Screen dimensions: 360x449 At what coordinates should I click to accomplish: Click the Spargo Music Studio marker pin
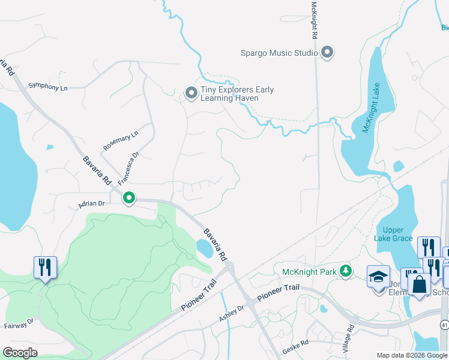coord(327,53)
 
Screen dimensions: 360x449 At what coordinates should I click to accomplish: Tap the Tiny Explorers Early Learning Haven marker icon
coord(191,93)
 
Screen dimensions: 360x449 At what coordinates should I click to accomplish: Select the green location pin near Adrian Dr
coord(128,197)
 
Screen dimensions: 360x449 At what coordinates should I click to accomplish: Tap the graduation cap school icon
coord(378,277)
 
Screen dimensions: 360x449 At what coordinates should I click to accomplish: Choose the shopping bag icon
coord(419,284)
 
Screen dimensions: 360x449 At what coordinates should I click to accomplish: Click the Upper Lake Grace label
coord(393,234)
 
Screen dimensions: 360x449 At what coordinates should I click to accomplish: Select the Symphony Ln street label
coord(48,88)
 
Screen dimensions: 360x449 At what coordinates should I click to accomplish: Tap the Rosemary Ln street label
coord(120,140)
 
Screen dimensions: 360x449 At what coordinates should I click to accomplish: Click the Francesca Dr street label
coord(128,168)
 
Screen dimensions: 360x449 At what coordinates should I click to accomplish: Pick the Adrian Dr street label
coord(91,205)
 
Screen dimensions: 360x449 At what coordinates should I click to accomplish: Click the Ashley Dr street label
coord(232,312)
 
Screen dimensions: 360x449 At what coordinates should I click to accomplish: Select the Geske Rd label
coord(296,343)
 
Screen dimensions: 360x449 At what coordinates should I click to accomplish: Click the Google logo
coord(20,352)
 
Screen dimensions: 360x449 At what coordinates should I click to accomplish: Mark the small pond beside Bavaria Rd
coord(205,248)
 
